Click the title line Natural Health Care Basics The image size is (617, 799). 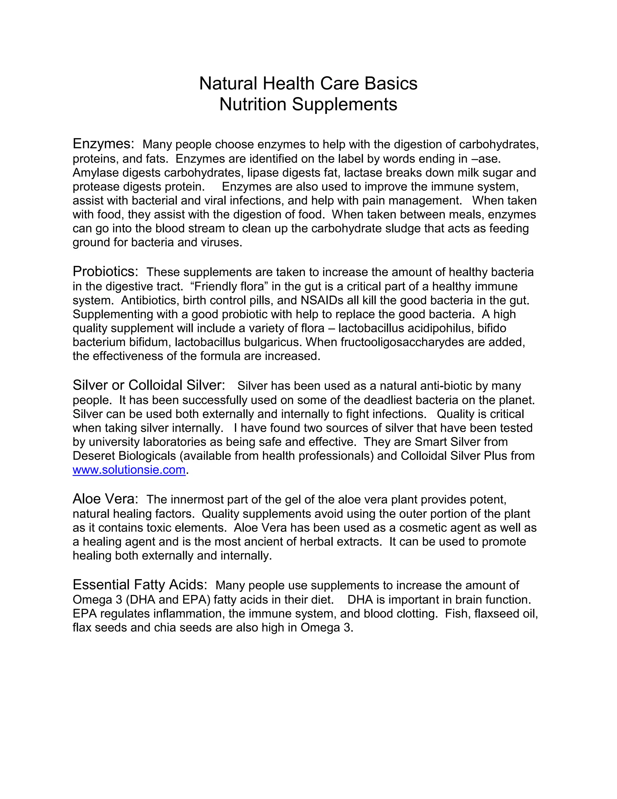[x=308, y=84]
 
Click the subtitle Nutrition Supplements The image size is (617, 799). [x=308, y=104]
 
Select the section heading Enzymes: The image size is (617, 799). [x=103, y=144]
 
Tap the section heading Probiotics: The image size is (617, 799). [x=105, y=271]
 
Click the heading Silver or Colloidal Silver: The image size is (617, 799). [x=149, y=385]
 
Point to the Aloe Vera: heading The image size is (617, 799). [x=105, y=499]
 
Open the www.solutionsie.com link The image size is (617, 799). [x=129, y=470]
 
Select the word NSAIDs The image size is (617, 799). [x=322, y=300]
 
